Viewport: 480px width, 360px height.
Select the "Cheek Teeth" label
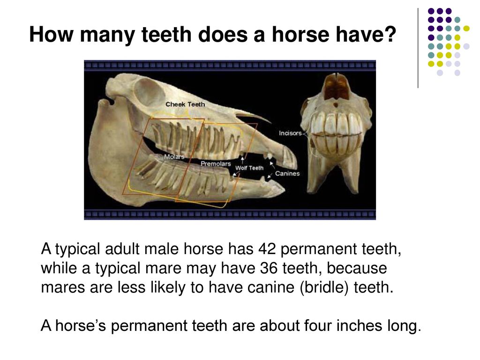[x=185, y=105]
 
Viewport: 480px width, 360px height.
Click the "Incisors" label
[x=290, y=133]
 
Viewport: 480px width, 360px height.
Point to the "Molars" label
[x=174, y=157]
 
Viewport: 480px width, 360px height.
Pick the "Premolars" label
[x=216, y=164]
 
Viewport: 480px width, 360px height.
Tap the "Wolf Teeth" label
[x=249, y=168]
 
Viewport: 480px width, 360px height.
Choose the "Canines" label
[x=287, y=173]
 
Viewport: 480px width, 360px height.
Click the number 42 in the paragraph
[x=267, y=248]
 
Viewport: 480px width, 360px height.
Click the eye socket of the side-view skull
[x=150, y=91]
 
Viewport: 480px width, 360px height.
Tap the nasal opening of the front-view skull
[x=337, y=87]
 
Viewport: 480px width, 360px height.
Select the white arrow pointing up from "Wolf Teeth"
[x=242, y=159]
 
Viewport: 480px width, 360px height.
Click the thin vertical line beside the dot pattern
[x=418, y=48]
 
